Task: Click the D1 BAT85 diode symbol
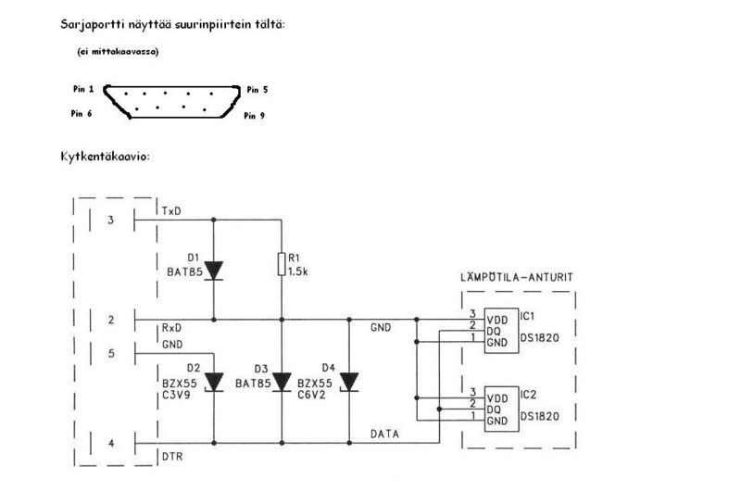[214, 271]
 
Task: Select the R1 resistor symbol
[282, 264]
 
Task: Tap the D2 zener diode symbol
[214, 382]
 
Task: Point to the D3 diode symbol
[282, 382]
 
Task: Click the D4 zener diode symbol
[349, 382]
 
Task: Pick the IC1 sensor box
[501, 331]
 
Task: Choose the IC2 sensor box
[501, 409]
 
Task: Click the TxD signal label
[171, 211]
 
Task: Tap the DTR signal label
[172, 457]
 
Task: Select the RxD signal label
[171, 328]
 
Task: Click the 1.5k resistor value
[298, 271]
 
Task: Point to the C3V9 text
[176, 395]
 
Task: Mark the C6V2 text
[311, 395]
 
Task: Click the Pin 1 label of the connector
[83, 89]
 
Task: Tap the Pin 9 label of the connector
[254, 116]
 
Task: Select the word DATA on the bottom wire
[384, 434]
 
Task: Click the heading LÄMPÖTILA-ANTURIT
[517, 277]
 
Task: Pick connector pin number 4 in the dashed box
[111, 444]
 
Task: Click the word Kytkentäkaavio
[105, 156]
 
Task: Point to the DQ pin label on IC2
[494, 409]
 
